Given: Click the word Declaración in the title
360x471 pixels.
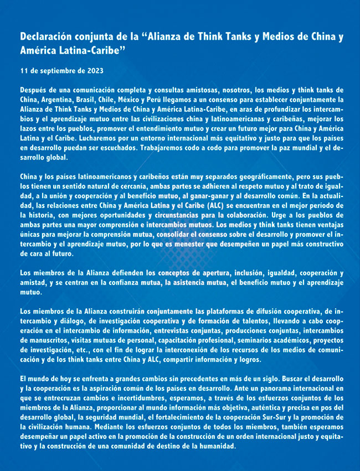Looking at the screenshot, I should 45,38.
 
